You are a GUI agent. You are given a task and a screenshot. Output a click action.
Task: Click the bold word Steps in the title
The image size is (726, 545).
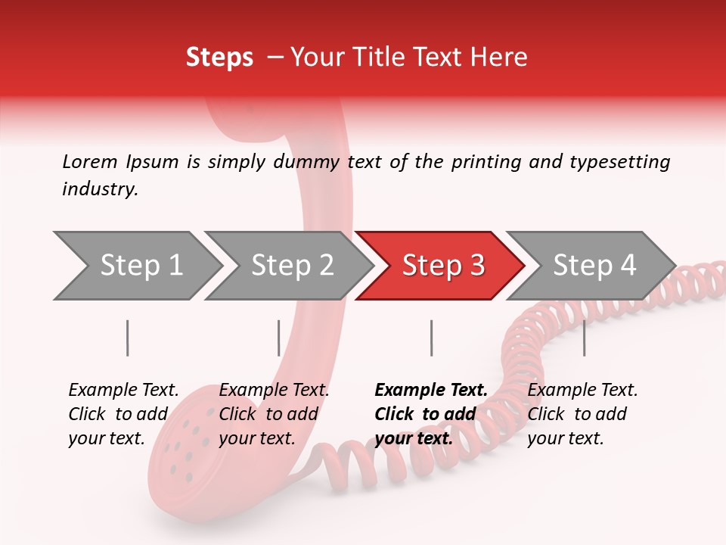coord(219,57)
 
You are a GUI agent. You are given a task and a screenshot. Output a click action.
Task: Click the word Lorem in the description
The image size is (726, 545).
coord(90,161)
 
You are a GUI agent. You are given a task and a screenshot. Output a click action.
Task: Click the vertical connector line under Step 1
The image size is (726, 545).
coord(128,338)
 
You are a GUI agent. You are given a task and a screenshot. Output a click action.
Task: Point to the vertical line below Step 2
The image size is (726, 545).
coord(279,338)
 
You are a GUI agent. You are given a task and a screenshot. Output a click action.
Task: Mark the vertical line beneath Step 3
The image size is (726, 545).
coord(431,338)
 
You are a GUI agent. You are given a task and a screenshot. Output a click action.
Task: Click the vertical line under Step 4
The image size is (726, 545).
coord(584,338)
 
